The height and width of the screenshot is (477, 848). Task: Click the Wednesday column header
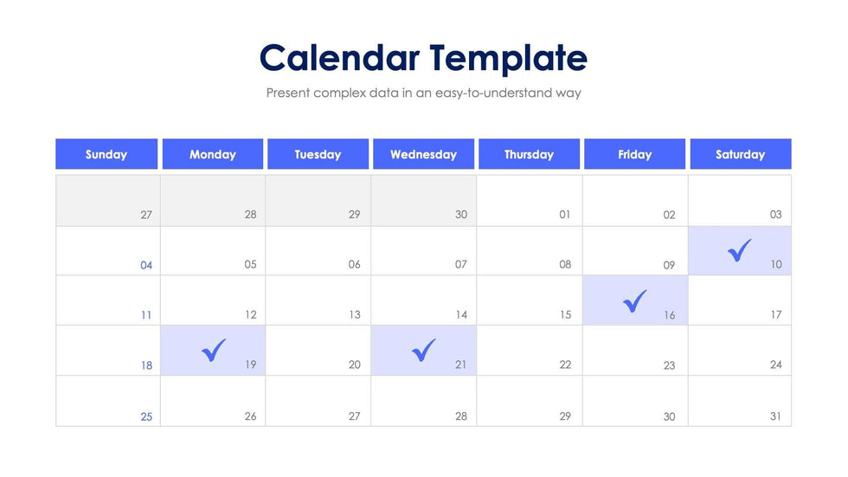tap(423, 154)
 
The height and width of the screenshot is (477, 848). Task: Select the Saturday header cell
tap(741, 154)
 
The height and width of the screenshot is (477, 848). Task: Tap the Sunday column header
tap(106, 154)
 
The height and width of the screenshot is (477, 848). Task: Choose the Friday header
tap(634, 154)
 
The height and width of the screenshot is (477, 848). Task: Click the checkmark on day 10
tap(739, 250)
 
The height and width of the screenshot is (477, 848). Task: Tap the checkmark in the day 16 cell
tap(634, 300)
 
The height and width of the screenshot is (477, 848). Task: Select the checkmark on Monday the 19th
tap(214, 351)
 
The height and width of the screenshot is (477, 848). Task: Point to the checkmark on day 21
tap(423, 351)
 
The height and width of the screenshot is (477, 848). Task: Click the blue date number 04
tap(146, 265)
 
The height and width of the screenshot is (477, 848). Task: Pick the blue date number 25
tap(146, 416)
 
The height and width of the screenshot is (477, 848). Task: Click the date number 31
tap(775, 416)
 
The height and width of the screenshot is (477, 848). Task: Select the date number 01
tap(564, 214)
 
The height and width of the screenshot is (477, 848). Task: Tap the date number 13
tap(354, 315)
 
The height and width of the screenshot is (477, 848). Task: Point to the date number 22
tap(565, 364)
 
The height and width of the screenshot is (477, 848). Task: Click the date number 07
tap(460, 264)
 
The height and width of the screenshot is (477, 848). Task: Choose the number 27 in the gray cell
tap(146, 215)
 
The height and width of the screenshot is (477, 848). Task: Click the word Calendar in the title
tap(339, 58)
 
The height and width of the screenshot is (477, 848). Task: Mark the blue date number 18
tap(146, 365)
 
